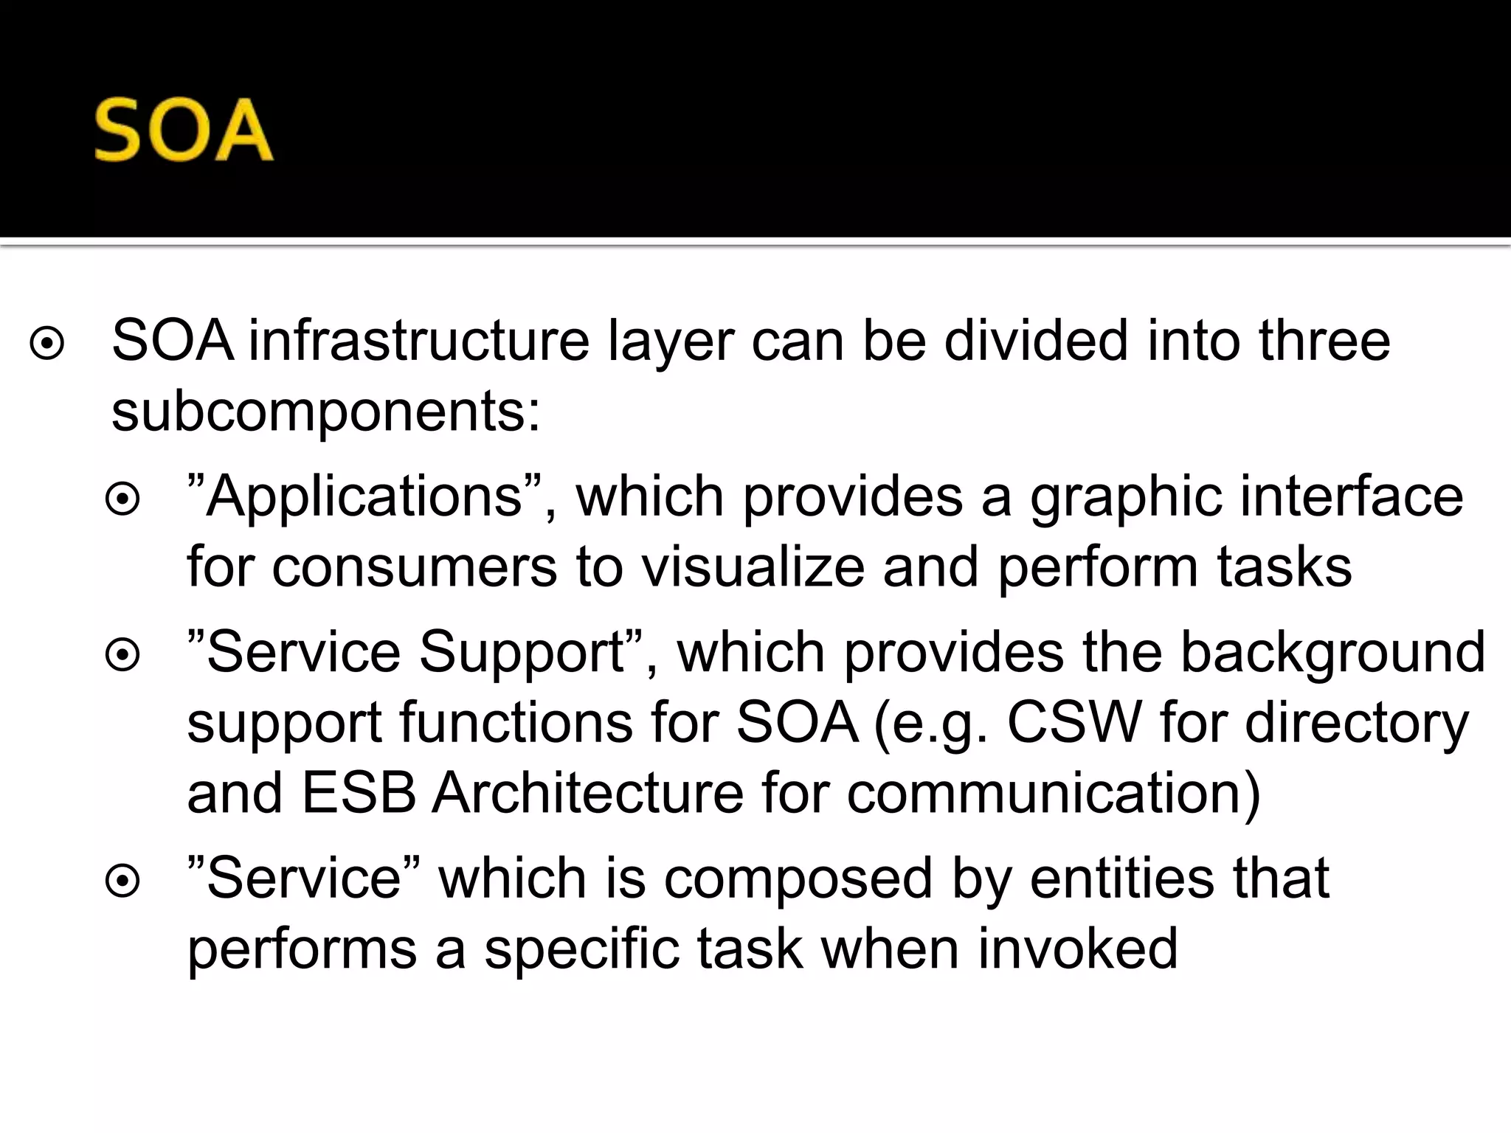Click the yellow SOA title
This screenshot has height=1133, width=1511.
[184, 131]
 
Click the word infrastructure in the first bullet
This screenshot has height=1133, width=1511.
[418, 341]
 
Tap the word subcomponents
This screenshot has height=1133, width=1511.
[325, 412]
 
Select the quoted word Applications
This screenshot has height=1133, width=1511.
[364, 496]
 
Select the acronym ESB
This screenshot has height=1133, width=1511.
[359, 793]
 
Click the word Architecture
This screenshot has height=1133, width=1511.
[587, 793]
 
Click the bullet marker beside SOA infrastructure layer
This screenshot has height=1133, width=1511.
[47, 343]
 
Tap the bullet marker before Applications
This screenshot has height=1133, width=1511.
[122, 499]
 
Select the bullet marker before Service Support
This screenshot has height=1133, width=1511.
[122, 655]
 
